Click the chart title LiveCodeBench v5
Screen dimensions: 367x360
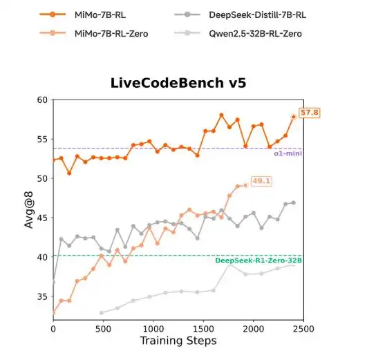click(178, 83)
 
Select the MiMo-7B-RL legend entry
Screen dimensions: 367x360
click(83, 15)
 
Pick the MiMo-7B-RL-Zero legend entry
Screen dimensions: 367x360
click(94, 33)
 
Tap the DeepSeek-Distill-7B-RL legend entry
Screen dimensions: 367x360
click(240, 15)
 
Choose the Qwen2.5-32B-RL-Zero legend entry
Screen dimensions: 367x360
click(238, 33)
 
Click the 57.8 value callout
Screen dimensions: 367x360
click(309, 113)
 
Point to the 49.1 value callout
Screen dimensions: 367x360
click(261, 181)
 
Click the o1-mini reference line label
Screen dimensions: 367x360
click(288, 153)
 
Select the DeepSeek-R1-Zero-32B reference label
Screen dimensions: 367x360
click(258, 260)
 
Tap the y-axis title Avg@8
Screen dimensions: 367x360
click(29, 210)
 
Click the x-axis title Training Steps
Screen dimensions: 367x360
click(178, 341)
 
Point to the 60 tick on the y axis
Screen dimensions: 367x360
click(42, 100)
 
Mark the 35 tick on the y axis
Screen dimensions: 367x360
click(42, 296)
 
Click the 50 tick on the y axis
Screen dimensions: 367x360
click(42, 178)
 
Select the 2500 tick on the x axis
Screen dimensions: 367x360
click(303, 329)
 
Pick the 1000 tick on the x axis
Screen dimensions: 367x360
click(153, 329)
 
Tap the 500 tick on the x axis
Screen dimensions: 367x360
click(103, 329)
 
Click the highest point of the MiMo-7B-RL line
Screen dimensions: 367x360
click(221, 115)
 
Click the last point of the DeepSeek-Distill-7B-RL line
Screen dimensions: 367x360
click(294, 202)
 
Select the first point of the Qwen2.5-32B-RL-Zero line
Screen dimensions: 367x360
click(102, 313)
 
